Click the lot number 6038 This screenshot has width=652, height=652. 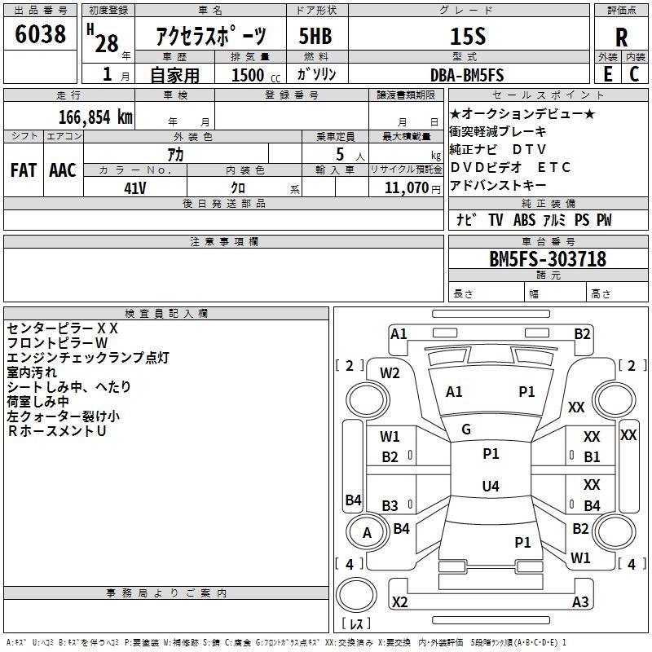coord(40,33)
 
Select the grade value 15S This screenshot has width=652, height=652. coord(468,36)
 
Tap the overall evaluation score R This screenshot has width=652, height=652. coord(621,37)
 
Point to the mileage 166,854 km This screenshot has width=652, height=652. coord(95,117)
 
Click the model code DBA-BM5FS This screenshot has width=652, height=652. coord(467,75)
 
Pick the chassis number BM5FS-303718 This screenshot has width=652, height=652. coord(548,258)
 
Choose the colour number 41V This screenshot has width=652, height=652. coord(135,188)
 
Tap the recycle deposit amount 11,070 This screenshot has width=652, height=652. coord(407,188)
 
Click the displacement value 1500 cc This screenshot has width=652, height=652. coord(256,75)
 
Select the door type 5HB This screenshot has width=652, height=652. coord(315,36)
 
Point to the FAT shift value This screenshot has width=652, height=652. coord(24,170)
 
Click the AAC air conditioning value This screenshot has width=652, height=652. coord(63,170)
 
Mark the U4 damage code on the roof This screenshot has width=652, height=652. coord(491,486)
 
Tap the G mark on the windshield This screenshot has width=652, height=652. coord(466,430)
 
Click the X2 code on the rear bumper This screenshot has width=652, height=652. coord(399,601)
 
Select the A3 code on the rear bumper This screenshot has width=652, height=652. coord(580,601)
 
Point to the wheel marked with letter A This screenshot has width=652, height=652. coord(368,533)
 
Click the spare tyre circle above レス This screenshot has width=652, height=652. coord(356,595)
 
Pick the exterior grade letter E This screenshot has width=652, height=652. coord(608,74)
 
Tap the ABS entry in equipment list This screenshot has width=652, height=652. coord(524,219)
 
